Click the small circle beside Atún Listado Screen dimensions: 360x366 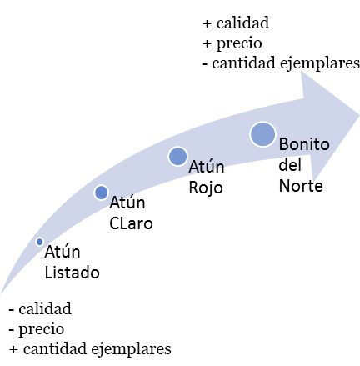coord(40,242)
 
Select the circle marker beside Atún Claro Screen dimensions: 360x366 coord(101,193)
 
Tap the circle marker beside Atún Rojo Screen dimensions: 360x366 coord(177,157)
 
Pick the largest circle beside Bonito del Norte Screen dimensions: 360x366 coord(262,134)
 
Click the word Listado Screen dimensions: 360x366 coord(72,273)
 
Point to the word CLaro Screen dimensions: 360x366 coord(131,223)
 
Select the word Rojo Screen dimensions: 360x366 coord(206,188)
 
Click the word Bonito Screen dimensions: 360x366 coord(304,144)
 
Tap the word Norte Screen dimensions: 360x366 coord(301,186)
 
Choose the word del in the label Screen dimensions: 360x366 coord(290,165)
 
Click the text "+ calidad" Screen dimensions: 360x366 coord(236,23)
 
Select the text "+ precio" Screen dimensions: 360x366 coord(232,43)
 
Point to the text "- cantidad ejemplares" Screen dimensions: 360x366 coord(281,63)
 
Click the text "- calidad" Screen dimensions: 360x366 coord(40,308)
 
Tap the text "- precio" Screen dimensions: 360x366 coord(37,329)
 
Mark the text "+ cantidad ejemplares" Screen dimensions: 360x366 coord(90,349)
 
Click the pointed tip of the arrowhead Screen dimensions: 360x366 coord(359,115)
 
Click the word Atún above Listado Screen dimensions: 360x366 coord(62,252)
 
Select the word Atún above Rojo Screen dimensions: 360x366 coord(207,167)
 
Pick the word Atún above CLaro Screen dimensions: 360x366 coord(127,203)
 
